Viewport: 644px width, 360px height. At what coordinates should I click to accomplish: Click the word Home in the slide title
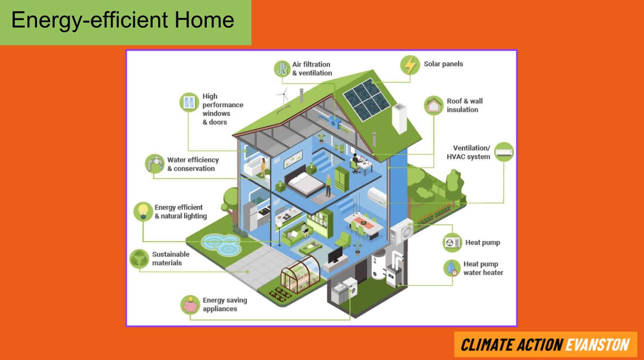tap(204, 20)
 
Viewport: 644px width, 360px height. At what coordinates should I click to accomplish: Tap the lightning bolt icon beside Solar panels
tap(410, 65)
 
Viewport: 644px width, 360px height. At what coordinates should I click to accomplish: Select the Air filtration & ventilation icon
tap(282, 69)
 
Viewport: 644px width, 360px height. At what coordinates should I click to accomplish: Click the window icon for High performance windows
tap(189, 102)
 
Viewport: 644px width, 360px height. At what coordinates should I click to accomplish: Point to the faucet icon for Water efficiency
tap(155, 164)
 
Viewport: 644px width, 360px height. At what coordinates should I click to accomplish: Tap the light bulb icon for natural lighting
tap(143, 211)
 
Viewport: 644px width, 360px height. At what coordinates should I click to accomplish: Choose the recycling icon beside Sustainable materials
tap(139, 259)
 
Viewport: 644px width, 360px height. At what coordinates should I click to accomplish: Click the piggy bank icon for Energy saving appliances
tap(190, 305)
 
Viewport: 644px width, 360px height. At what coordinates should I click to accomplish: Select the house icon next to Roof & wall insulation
tap(434, 105)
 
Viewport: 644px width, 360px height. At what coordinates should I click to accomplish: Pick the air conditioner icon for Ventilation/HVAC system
tap(504, 152)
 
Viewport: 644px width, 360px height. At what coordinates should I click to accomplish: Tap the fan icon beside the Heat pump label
tap(452, 243)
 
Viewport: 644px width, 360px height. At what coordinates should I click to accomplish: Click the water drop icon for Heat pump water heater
tap(452, 268)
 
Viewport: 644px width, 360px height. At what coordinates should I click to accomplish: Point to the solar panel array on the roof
tap(367, 99)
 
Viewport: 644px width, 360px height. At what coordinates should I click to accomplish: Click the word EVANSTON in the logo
tap(598, 345)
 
